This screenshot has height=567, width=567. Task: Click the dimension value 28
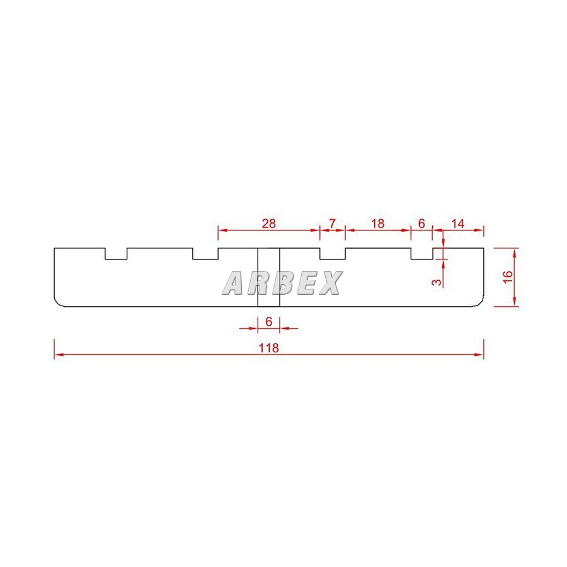click(x=268, y=224)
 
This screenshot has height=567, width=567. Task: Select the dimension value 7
click(x=332, y=224)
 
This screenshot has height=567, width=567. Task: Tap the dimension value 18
click(x=378, y=224)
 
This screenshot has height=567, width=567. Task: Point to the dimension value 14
click(x=457, y=224)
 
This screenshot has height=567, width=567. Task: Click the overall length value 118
click(x=268, y=348)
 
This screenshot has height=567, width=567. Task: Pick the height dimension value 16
click(x=508, y=277)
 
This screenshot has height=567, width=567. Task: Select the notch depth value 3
click(x=438, y=282)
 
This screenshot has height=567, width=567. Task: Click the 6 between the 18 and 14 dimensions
click(x=421, y=224)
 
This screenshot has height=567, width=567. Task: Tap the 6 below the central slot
click(x=268, y=321)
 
